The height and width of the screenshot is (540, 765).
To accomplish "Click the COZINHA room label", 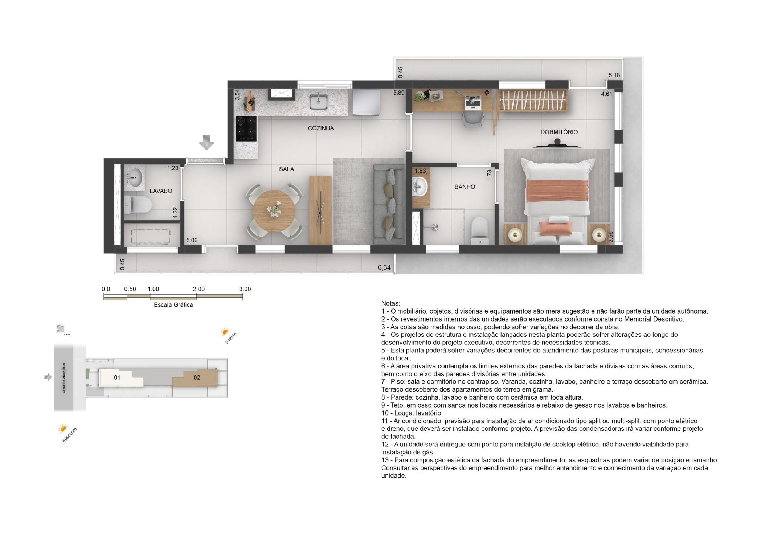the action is pos(321,128).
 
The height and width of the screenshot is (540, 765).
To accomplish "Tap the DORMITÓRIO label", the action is pos(559,132).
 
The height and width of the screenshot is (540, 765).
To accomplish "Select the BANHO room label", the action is pos(465,187).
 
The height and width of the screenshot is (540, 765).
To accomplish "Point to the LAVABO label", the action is pos(161,191).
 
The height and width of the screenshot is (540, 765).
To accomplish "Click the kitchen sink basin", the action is pos(319,101).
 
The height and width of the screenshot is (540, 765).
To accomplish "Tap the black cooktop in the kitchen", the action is pos(246,128).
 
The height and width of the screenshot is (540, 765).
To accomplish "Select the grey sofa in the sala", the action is pos(389,204).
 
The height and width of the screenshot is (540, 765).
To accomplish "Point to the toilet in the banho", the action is pos(479,230).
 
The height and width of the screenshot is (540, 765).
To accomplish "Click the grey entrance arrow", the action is pos(206,142).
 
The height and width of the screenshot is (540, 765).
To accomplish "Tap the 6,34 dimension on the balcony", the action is pos(384,268).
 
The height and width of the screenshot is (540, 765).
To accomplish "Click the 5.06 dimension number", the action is pos(192,240).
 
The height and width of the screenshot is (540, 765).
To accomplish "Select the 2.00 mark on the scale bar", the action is pos(199,289).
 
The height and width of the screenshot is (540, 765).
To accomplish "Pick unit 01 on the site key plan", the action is pos(117,377).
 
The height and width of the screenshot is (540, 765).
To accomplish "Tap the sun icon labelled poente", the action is pos(225,332).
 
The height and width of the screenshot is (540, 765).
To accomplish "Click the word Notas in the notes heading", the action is pos(390,303).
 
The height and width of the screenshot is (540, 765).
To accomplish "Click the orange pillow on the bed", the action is pos(556,228).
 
